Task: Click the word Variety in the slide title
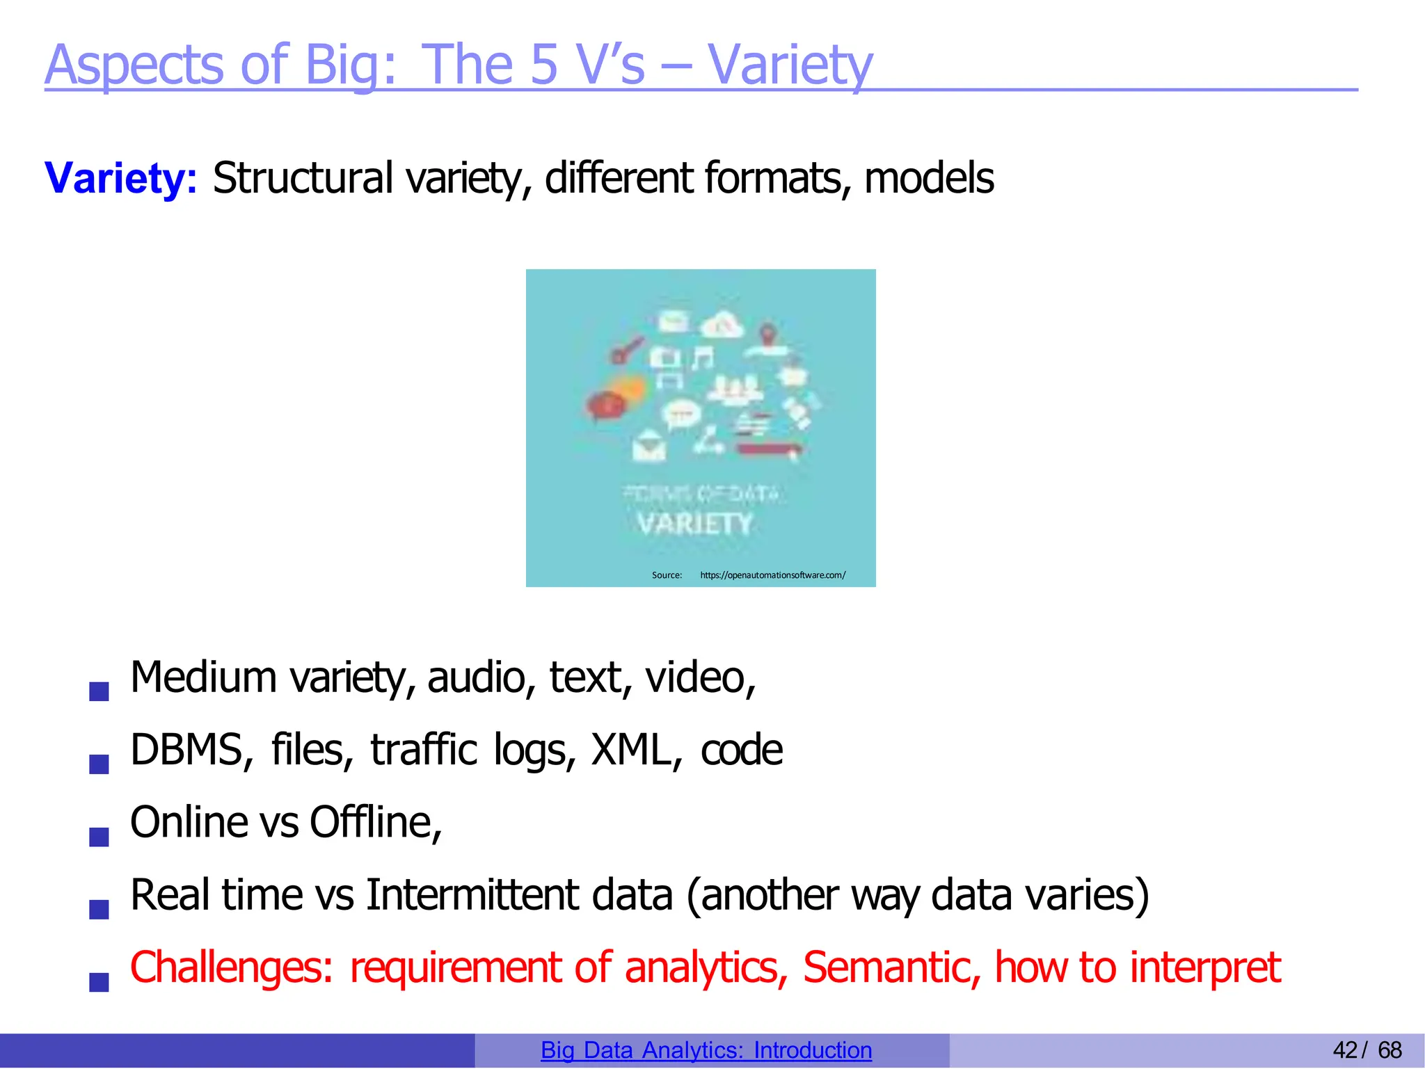coord(790,65)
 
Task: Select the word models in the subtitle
coord(929,178)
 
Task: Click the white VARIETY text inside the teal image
coord(695,524)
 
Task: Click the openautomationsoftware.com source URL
coord(772,575)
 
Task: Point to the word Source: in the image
coord(667,575)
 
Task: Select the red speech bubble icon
coord(604,405)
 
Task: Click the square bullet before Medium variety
coord(99,691)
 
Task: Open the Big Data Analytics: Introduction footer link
coord(706,1050)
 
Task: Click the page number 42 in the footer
coord(1344,1050)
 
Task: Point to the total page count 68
coord(1390,1050)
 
